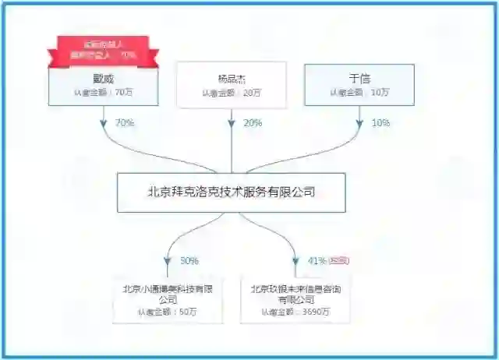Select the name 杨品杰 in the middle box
coord(231,78)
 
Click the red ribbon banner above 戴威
coord(103,49)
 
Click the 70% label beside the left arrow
coord(125,123)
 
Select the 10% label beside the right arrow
coord(380,123)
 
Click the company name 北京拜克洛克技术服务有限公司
coord(231,192)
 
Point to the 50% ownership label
coord(189,260)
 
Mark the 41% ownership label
coord(317,260)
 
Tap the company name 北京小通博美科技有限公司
coord(168,294)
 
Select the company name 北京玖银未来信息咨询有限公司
coord(296,294)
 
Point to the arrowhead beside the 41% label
coord(296,263)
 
